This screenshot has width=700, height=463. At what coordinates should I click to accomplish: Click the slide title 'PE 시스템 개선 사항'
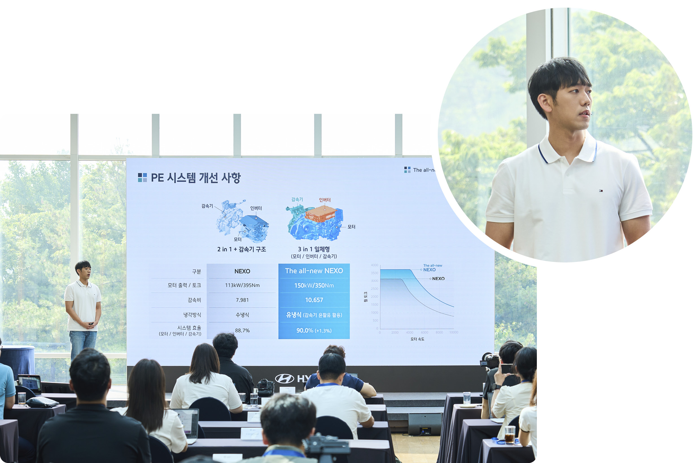point(196,178)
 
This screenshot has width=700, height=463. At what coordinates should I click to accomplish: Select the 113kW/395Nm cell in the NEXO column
point(242,286)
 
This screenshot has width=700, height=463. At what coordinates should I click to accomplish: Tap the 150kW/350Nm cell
point(314,286)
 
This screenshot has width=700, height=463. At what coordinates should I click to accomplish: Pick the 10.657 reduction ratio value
point(314,300)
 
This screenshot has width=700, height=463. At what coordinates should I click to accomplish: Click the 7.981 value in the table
point(242,300)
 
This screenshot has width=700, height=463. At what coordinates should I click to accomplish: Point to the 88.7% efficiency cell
point(242,331)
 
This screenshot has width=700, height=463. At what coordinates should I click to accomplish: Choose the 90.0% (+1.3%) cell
point(314,331)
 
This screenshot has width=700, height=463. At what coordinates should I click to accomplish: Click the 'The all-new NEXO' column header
point(314,271)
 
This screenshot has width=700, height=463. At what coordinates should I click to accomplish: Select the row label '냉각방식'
point(192,315)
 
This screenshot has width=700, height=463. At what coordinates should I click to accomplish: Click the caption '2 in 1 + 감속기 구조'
point(242,249)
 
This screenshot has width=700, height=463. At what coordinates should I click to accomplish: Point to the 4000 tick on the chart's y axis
point(374,265)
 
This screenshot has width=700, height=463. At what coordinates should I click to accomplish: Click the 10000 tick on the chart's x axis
point(454,332)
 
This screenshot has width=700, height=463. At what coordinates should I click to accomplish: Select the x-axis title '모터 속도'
point(417,339)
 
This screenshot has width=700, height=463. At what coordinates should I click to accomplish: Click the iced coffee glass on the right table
point(509,435)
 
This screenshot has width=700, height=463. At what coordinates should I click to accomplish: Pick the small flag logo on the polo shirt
point(601,191)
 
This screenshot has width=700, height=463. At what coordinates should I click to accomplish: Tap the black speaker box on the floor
point(425,424)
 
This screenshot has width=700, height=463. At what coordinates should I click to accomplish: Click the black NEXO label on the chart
point(438,279)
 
